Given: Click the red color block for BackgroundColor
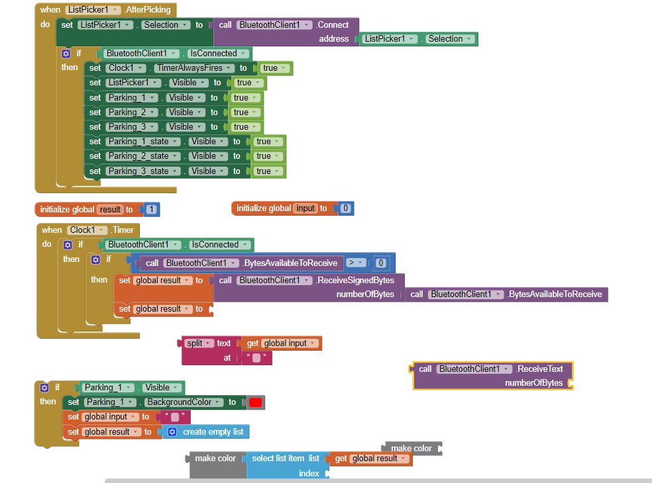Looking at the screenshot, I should click(255, 402).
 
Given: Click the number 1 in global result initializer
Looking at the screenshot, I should click(152, 210).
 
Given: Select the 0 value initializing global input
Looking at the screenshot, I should click(346, 208).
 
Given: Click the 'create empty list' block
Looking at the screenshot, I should click(213, 432).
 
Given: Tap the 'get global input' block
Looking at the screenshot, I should click(282, 343).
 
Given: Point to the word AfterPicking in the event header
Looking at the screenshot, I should click(147, 10).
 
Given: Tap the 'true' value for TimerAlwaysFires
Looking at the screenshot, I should click(270, 68).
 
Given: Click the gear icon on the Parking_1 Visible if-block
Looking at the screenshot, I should click(45, 388).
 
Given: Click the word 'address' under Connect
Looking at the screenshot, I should click(333, 39).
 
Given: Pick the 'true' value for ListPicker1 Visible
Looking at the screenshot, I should click(244, 83).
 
